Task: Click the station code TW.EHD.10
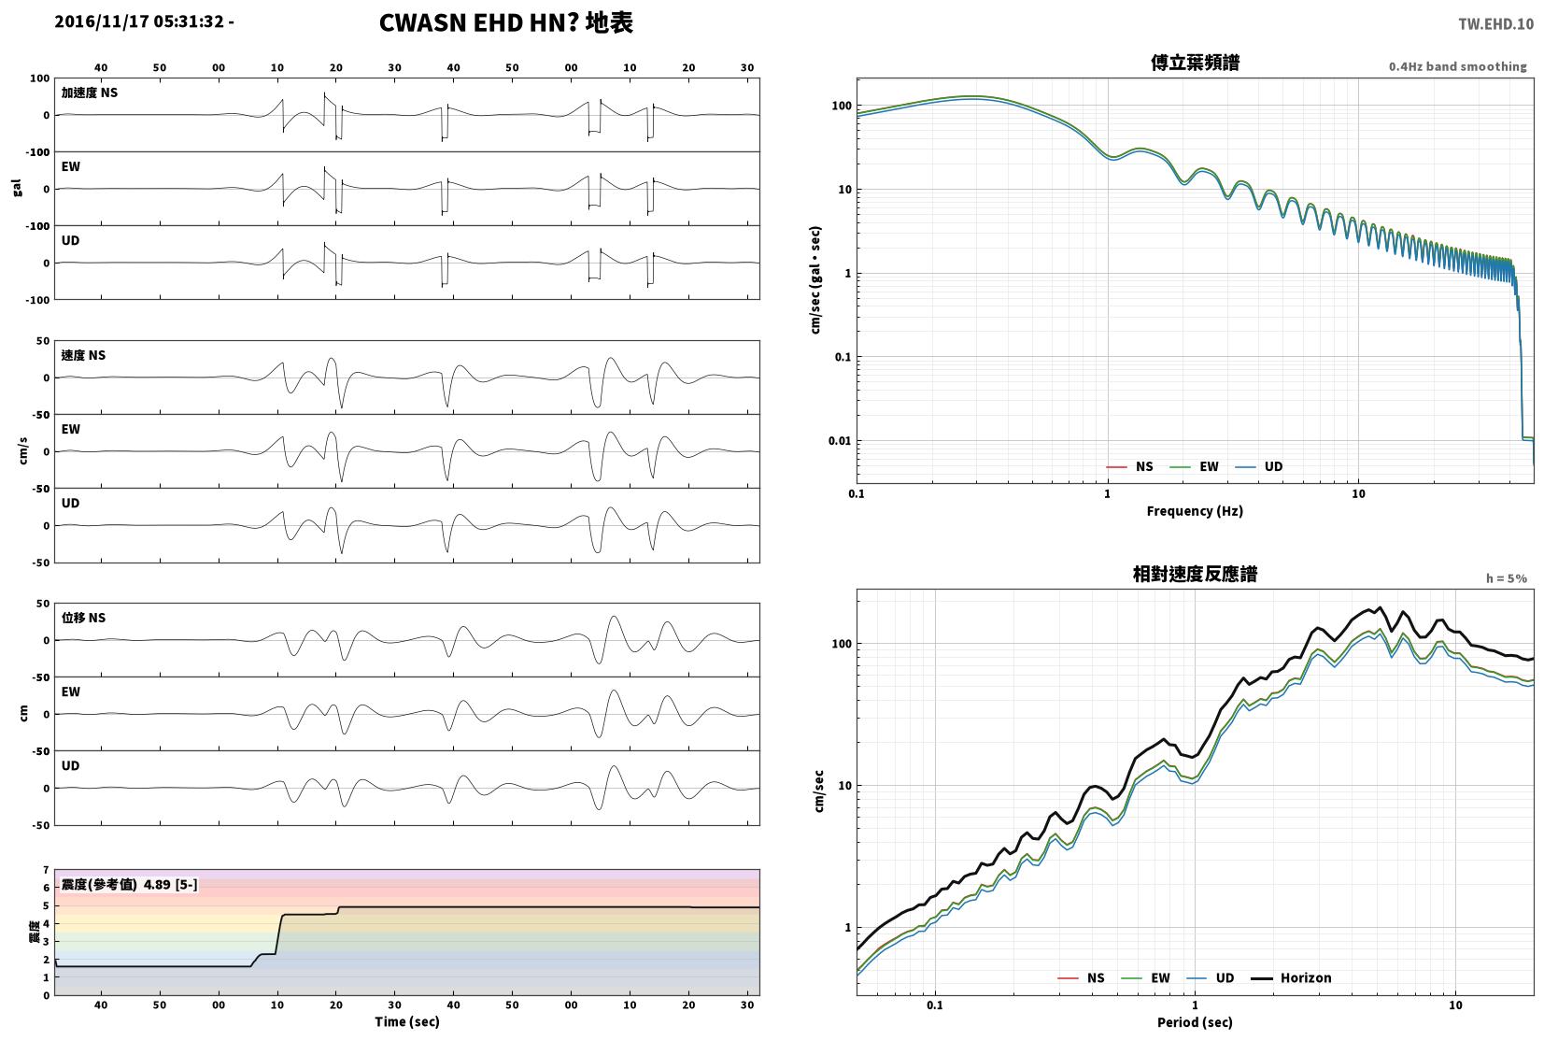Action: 1495,24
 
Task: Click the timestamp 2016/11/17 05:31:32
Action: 140,21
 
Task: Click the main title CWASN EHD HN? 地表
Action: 506,22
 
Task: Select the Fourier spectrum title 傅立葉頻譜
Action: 1195,63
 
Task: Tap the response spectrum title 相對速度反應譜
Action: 1195,574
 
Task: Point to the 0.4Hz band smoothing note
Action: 1457,67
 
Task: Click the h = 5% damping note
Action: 1506,578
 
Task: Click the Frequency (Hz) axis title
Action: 1195,511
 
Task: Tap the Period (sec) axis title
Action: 1195,1022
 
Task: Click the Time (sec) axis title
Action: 406,1022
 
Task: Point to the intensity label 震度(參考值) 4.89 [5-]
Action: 130,884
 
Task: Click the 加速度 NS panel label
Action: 90,93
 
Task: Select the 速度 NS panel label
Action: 83,355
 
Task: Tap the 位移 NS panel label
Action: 83,618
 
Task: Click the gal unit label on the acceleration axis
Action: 17,188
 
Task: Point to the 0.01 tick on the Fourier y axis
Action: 840,441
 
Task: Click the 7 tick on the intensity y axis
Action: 46,870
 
